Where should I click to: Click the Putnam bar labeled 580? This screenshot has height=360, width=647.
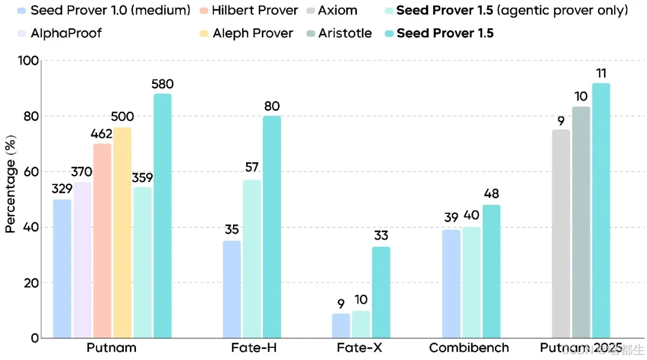click(162, 216)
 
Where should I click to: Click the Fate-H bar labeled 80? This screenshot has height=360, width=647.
click(271, 227)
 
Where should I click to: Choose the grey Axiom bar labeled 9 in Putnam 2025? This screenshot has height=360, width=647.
click(561, 234)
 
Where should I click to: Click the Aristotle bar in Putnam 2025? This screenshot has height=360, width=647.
click(581, 222)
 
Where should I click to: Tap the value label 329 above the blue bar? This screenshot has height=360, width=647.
click(62, 189)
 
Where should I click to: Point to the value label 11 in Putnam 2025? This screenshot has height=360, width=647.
click(601, 73)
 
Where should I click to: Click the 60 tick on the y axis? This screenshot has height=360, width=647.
click(31, 172)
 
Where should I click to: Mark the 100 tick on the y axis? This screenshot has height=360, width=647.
click(29, 60)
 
